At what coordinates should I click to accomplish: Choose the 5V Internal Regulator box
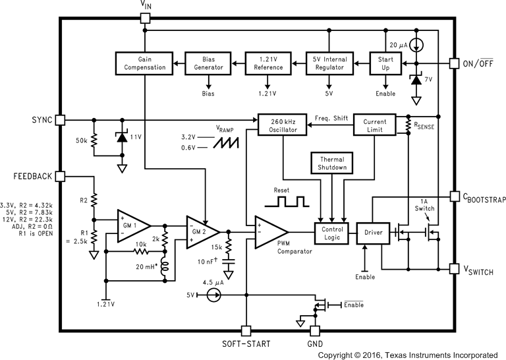point(328,63)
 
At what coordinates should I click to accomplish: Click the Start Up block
point(385,63)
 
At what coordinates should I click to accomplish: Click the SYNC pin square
point(61,120)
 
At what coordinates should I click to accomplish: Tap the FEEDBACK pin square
point(61,177)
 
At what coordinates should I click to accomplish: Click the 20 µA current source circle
point(418,44)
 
